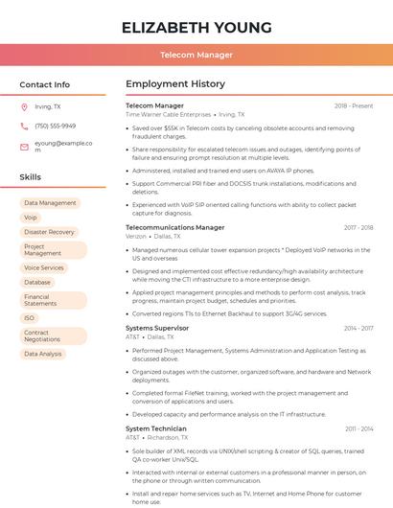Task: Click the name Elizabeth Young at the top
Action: [x=196, y=27]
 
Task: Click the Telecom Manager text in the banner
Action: [x=196, y=55]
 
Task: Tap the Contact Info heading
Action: [x=44, y=84]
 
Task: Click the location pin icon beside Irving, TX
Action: [x=24, y=106]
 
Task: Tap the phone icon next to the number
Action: [x=24, y=126]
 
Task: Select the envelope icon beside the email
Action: [x=24, y=148]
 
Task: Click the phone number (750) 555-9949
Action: [x=55, y=126]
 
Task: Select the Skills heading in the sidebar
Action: [x=30, y=177]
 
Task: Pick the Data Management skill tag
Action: [x=50, y=203]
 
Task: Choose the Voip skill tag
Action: [x=31, y=218]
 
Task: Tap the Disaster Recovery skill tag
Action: [x=49, y=232]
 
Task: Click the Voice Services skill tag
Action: [x=44, y=268]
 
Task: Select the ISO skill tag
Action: [x=30, y=318]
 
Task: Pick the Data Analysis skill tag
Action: [x=43, y=354]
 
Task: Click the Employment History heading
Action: [x=175, y=84]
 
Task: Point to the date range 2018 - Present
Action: [x=354, y=105]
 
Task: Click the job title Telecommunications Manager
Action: [x=175, y=227]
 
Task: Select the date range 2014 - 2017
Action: [x=358, y=328]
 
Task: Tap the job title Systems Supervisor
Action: [x=157, y=328]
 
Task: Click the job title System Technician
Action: [x=156, y=428]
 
